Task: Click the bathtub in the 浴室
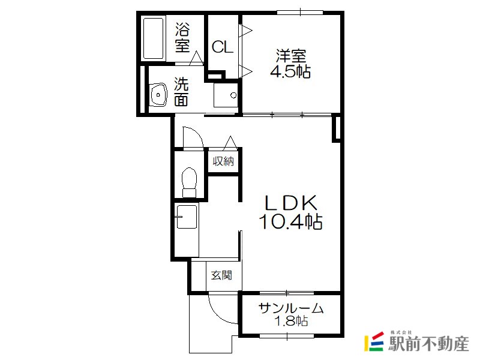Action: click(153, 38)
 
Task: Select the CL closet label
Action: click(223, 47)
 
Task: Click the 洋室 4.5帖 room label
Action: click(290, 64)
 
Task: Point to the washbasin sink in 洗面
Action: click(158, 95)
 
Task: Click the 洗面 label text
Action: click(181, 92)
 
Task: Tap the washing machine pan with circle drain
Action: click(226, 95)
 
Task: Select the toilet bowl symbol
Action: click(189, 182)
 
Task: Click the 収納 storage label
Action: click(223, 161)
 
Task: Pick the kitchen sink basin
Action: click(187, 217)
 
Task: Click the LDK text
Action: click(290, 203)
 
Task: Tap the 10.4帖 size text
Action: click(290, 221)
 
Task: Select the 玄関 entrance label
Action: click(221, 275)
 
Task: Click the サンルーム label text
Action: click(291, 308)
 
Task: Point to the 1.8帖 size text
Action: click(291, 321)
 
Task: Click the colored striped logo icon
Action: click(374, 341)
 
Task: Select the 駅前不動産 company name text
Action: click(428, 344)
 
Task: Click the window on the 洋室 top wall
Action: click(300, 12)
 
